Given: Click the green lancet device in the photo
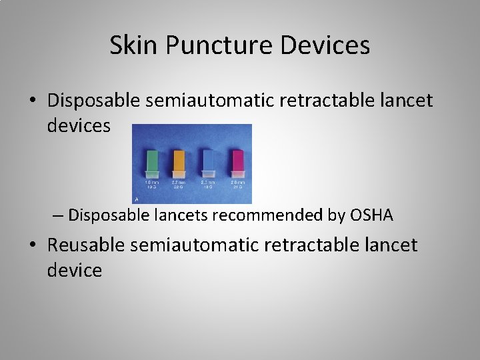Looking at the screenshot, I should click(x=153, y=164).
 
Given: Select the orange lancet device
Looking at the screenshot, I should click(x=179, y=164).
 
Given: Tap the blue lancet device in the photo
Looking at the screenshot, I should click(x=208, y=164).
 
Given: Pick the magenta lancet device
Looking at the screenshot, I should click(x=237, y=164).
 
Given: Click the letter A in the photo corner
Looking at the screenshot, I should click(x=137, y=199).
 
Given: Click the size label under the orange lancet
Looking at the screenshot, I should click(x=179, y=184).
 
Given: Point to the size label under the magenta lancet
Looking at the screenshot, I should click(x=237, y=184).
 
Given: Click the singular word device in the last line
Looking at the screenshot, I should click(x=75, y=271).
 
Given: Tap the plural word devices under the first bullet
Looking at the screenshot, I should click(x=79, y=126).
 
